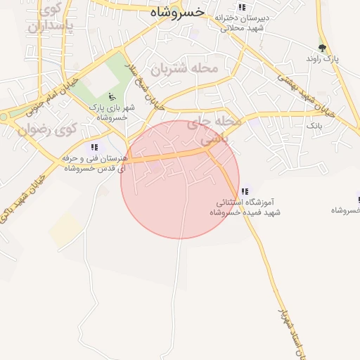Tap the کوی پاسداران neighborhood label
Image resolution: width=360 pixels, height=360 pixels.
pos(50,19)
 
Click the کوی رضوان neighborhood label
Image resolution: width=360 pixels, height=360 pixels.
pos(47,129)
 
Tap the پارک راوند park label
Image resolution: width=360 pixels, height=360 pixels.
pos(322,59)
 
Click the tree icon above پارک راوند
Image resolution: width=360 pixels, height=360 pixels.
pos(322,48)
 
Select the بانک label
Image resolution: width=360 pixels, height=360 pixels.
pos(314,124)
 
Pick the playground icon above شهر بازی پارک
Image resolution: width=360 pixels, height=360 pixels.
pos(110,97)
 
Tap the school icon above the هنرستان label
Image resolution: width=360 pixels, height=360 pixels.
pos(94,147)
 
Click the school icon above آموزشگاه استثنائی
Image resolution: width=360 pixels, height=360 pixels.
pos(245,191)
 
